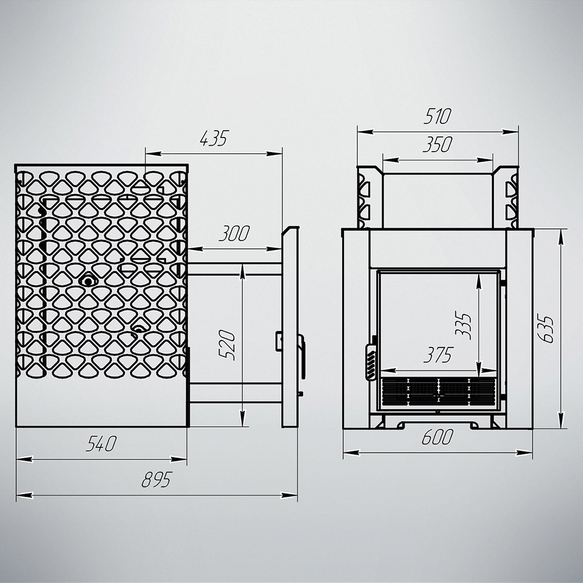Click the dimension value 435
[213, 138]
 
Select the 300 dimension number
[234, 234]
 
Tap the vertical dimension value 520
[227, 345]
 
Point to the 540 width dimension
[101, 444]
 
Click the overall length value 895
[156, 480]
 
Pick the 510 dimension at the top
[437, 116]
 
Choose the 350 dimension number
[437, 145]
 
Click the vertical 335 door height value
[463, 326]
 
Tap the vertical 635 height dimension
[546, 329]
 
